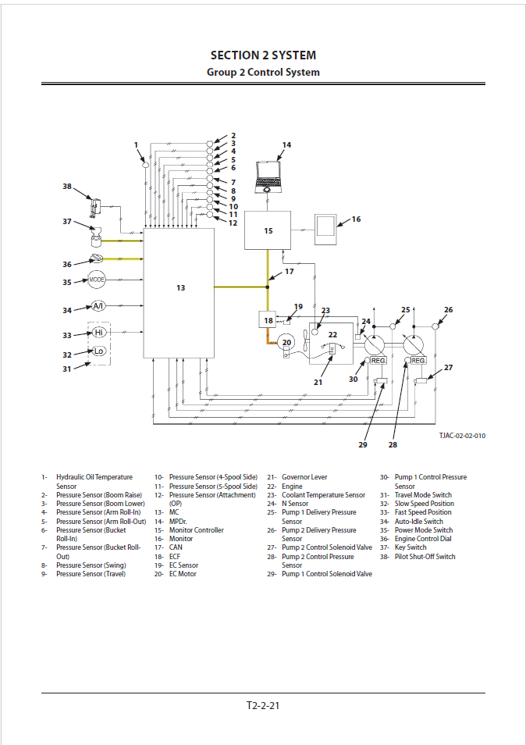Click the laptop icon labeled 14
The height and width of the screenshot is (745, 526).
click(x=268, y=176)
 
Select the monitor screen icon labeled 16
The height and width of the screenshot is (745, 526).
click(x=325, y=226)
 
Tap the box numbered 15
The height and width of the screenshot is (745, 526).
click(x=268, y=230)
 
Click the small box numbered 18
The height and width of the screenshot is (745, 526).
click(x=268, y=320)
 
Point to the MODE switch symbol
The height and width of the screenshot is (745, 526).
click(x=97, y=280)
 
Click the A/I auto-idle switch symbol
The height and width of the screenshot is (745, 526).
click(x=98, y=306)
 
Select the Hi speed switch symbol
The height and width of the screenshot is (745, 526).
click(x=98, y=333)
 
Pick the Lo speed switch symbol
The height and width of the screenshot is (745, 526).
click(x=98, y=351)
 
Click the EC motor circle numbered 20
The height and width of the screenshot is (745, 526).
click(x=286, y=343)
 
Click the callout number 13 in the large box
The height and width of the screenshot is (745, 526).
click(x=180, y=288)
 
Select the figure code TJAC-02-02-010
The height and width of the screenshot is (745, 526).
click(x=461, y=436)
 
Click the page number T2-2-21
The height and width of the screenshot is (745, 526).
click(x=263, y=705)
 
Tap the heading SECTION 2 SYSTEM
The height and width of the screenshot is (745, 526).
click(x=263, y=55)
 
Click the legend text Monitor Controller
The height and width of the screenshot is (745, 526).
click(x=196, y=530)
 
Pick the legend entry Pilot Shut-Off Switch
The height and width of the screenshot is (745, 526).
click(x=425, y=557)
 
